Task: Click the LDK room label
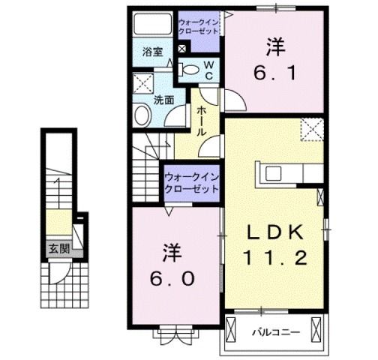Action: (x=275, y=232)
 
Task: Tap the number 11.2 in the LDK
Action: (x=275, y=259)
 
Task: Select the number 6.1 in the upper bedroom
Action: (x=275, y=73)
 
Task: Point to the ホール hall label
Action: (x=202, y=120)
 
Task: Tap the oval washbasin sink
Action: (x=141, y=117)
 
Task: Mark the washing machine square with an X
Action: (x=142, y=82)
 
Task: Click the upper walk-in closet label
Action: (x=199, y=28)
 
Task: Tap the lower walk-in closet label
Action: (x=191, y=183)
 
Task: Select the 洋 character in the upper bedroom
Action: (x=274, y=47)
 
